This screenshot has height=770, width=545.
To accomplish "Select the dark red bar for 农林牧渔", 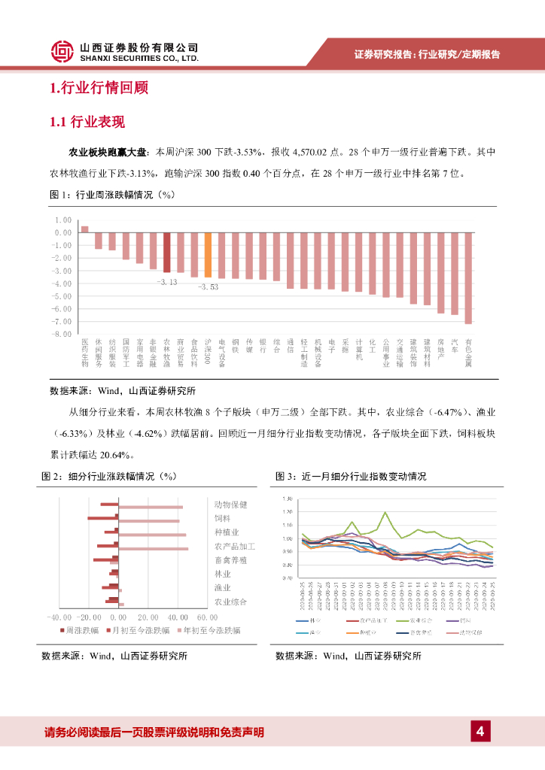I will pyautogui.click(x=166, y=252).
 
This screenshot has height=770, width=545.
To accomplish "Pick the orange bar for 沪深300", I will pyautogui.click(x=208, y=255).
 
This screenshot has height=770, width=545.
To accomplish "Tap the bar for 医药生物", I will pyautogui.click(x=84, y=229).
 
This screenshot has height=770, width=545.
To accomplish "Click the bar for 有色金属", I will pyautogui.click(x=468, y=277).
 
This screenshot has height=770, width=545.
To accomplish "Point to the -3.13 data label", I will pyautogui.click(x=166, y=282).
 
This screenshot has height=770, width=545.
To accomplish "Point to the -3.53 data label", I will pyautogui.click(x=208, y=287).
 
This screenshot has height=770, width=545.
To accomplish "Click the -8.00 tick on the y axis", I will pyautogui.click(x=62, y=333).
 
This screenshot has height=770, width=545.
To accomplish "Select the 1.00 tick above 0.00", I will pyautogui.click(x=62, y=220).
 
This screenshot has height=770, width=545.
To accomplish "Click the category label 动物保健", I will pyautogui.click(x=230, y=505).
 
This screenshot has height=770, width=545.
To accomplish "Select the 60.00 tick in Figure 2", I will pyautogui.click(x=206, y=617).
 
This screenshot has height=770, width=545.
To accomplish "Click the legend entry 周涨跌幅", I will pyautogui.click(x=82, y=629).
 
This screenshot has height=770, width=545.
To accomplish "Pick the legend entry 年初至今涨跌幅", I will pyautogui.click(x=210, y=629).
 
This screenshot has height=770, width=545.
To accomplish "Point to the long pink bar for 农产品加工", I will pyautogui.click(x=154, y=548).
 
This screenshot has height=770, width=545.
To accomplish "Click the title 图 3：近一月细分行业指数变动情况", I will pyautogui.click(x=351, y=477).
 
